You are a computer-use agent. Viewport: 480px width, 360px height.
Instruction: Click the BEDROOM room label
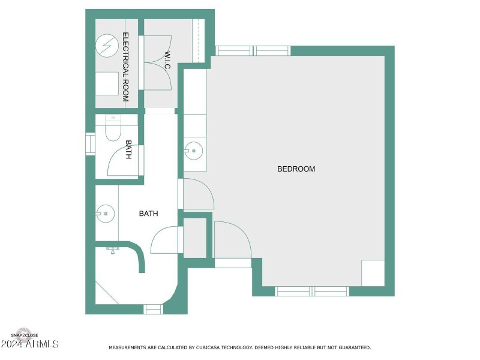(296, 169)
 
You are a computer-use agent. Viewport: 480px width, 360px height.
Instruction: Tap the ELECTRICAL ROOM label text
(126, 67)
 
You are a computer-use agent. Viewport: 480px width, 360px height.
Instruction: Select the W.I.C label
(167, 61)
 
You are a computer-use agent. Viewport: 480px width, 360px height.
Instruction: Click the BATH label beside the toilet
(128, 150)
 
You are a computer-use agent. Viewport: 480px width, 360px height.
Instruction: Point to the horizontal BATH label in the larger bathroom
(149, 214)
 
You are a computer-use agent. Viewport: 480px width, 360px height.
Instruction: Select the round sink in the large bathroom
(106, 212)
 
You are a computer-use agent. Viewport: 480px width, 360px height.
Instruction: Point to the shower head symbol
(113, 248)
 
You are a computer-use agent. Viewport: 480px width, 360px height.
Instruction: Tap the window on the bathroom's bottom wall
(153, 309)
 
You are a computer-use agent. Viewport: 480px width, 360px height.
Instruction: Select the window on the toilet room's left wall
(91, 144)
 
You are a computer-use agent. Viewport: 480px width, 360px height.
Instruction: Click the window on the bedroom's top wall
(253, 51)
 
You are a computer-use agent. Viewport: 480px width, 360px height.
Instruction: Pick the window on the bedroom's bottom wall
(312, 291)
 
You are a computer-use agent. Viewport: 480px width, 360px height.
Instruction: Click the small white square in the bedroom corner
(373, 273)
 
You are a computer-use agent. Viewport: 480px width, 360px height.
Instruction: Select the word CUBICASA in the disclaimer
(209, 347)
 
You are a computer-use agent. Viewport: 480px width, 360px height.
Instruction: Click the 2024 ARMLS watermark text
(30, 344)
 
